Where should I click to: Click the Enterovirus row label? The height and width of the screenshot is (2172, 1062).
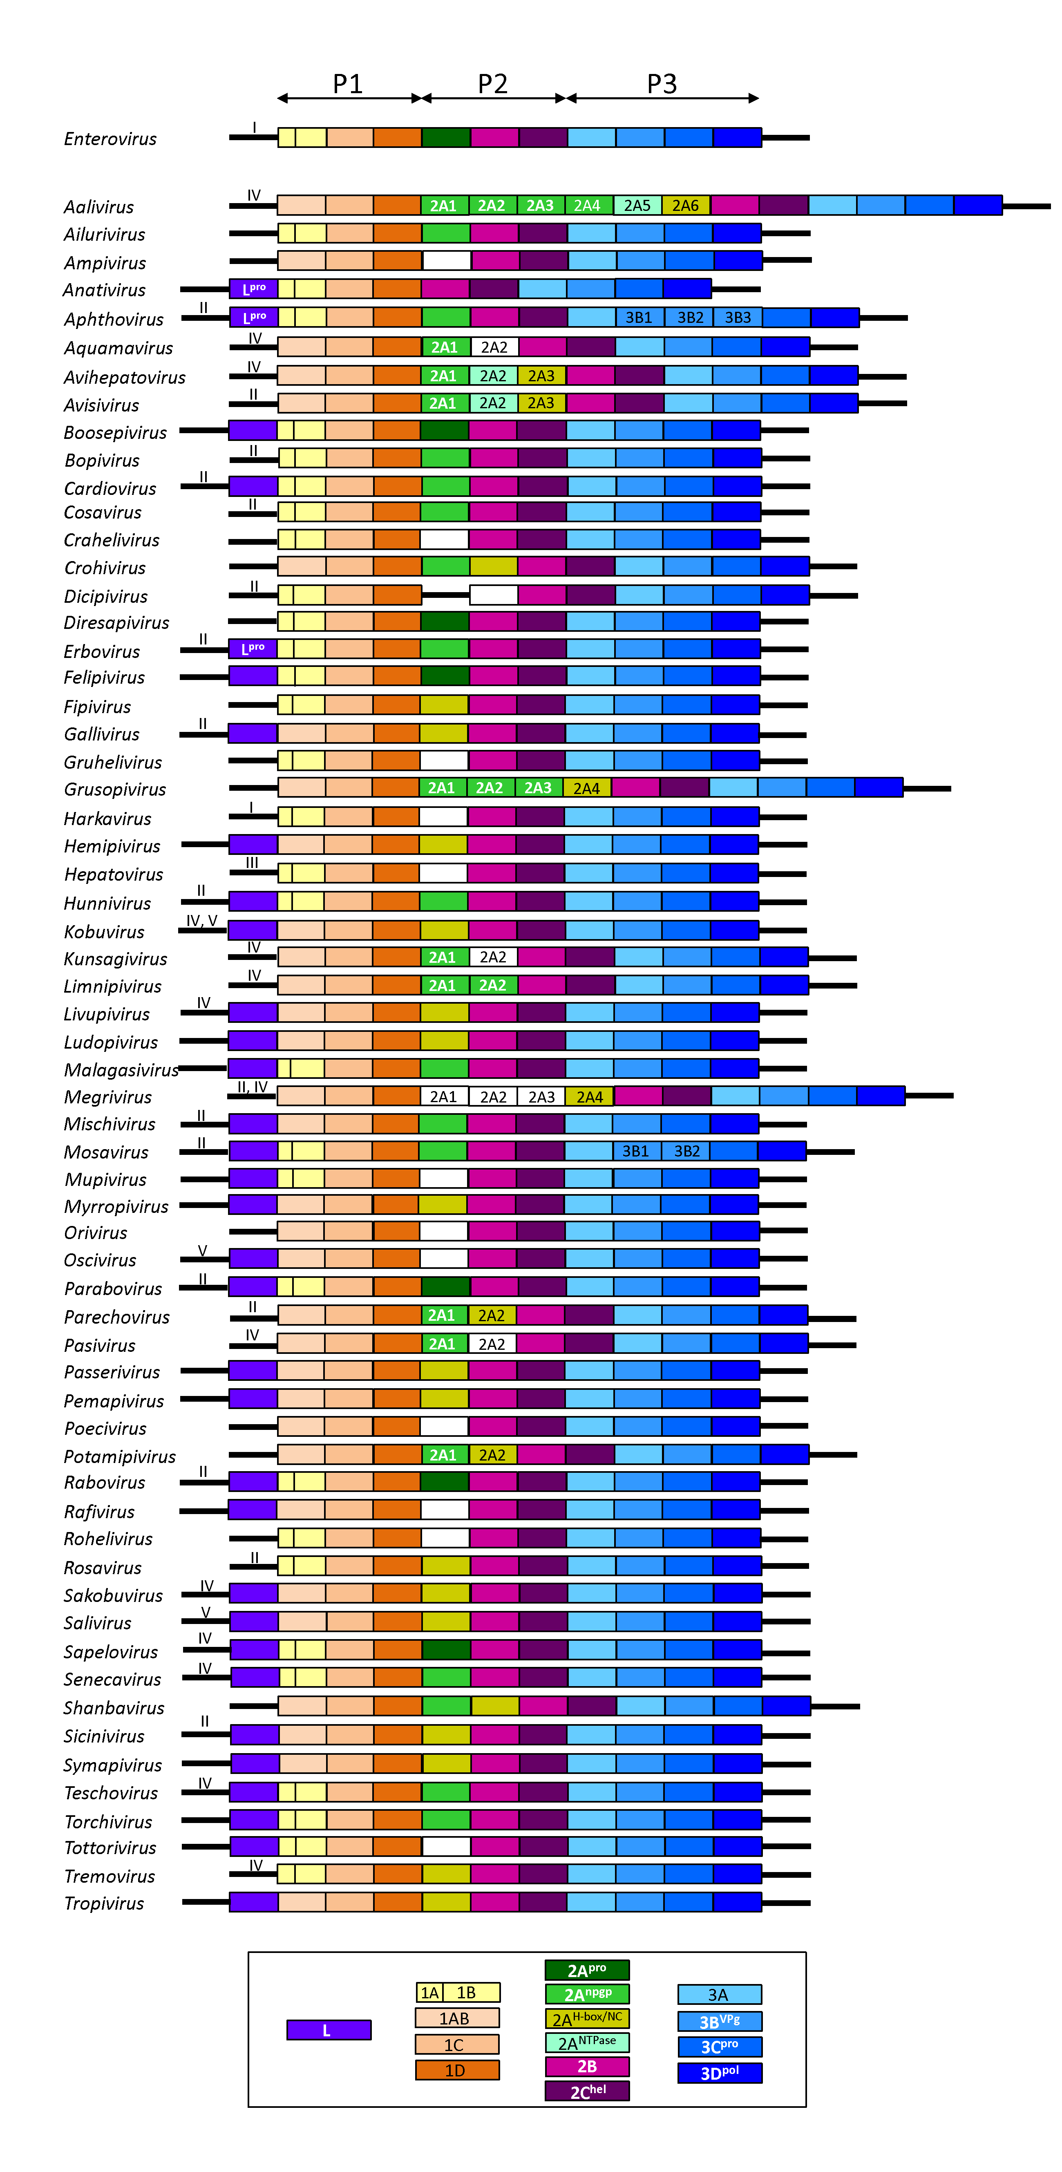[x=110, y=139]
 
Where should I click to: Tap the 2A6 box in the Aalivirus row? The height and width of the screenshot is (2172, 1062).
[x=685, y=206]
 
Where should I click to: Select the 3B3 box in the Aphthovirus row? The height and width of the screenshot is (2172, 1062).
[x=738, y=318]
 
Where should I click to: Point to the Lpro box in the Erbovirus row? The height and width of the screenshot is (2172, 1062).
[x=253, y=649]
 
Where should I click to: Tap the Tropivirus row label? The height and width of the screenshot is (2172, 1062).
[x=104, y=1904]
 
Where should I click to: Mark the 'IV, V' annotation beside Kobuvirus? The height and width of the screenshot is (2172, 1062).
[x=201, y=921]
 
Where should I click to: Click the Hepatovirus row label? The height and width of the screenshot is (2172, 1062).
[x=114, y=875]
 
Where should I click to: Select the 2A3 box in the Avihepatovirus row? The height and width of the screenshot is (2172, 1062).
[x=541, y=376]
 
